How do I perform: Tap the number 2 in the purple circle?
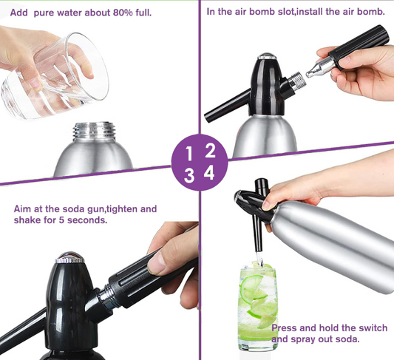point(210,151)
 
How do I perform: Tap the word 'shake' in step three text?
point(27,220)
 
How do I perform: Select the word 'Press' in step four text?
point(285,327)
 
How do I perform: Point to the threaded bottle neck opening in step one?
point(92,132)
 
